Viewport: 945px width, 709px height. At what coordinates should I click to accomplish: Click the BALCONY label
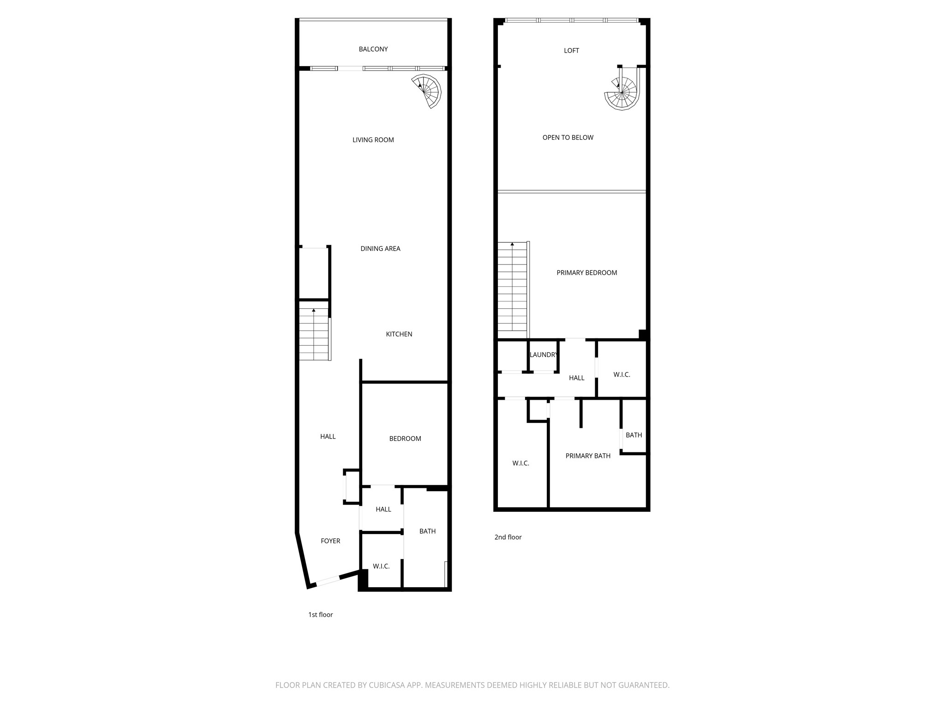[373, 49]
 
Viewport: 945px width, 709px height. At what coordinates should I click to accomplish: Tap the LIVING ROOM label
[373, 140]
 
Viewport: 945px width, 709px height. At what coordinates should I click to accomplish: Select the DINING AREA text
[380, 249]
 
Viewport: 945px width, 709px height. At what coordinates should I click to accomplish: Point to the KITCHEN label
[399, 334]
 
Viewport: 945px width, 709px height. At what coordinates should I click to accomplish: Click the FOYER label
[330, 541]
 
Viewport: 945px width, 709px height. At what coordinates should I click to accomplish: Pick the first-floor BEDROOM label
[405, 439]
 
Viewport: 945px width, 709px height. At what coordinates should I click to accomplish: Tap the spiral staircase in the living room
[428, 90]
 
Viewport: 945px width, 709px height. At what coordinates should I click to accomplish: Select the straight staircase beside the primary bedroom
[512, 286]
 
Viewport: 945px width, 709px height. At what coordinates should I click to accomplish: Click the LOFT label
[571, 51]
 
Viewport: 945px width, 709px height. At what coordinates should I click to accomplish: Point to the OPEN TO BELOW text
[568, 138]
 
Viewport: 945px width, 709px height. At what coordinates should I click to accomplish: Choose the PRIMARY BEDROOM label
[586, 273]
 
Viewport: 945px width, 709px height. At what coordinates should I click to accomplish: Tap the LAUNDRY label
[544, 355]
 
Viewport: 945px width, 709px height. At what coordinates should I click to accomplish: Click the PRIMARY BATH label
[588, 456]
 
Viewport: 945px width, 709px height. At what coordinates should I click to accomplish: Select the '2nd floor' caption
[508, 537]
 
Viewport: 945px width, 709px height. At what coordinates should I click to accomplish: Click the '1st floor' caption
[321, 615]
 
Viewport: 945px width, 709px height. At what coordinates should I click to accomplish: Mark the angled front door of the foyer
[328, 581]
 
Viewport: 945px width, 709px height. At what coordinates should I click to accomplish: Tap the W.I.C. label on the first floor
[381, 566]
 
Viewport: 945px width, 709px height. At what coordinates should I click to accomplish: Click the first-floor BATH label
[427, 531]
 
